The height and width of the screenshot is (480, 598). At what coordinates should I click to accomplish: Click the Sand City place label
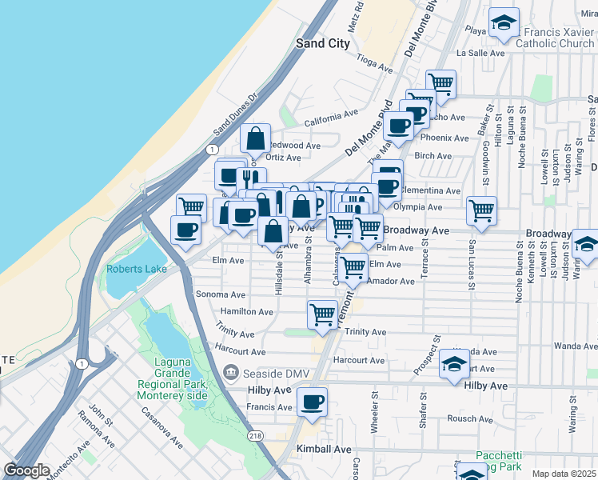323,43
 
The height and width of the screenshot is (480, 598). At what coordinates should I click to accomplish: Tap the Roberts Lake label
137,269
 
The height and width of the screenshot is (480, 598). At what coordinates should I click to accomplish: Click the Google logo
26,470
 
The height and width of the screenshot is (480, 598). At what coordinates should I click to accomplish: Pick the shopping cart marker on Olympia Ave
481,211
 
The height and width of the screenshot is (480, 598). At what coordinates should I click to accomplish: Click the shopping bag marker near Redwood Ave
256,140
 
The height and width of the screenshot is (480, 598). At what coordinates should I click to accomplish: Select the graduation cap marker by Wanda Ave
455,364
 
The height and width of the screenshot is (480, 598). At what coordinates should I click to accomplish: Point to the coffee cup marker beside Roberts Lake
186,230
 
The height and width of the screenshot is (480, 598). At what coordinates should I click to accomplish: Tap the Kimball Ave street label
324,450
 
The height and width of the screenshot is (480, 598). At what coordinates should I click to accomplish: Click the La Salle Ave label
480,53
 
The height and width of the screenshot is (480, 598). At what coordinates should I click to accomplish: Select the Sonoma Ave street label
220,294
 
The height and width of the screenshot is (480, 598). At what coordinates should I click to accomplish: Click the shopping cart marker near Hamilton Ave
322,314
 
